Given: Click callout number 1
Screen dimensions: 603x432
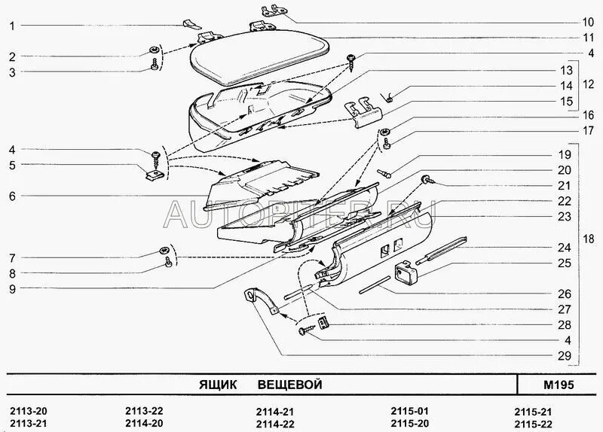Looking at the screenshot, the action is point(12,25).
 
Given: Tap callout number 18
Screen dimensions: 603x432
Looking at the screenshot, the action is point(589,240).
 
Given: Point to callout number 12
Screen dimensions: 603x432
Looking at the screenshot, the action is point(589,86).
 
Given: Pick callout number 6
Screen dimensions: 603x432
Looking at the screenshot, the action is point(12,196).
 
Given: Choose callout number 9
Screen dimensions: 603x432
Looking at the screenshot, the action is point(12,287).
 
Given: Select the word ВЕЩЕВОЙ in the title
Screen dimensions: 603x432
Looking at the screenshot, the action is point(289,385).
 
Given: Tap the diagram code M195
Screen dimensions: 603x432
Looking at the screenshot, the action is point(559,385).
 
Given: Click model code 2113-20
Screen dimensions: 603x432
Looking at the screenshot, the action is point(28,410).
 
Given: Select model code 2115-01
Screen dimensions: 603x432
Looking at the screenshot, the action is point(409,410).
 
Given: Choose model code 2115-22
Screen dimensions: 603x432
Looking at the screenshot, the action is point(532,423).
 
